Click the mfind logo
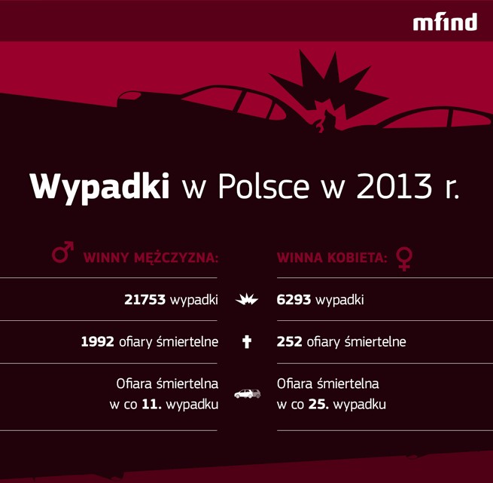click(445, 22)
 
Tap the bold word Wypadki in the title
click(99, 186)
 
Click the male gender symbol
click(62, 253)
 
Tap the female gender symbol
click(404, 258)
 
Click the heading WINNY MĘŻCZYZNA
click(151, 258)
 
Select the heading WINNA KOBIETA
click(332, 258)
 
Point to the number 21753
click(145, 300)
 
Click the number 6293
click(294, 300)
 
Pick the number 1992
click(98, 342)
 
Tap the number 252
click(290, 342)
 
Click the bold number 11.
click(151, 405)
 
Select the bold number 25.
click(318, 405)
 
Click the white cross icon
click(247, 342)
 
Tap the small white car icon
click(247, 393)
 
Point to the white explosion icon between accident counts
click(247, 300)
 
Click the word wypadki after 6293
click(339, 300)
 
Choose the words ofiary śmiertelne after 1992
click(169, 342)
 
